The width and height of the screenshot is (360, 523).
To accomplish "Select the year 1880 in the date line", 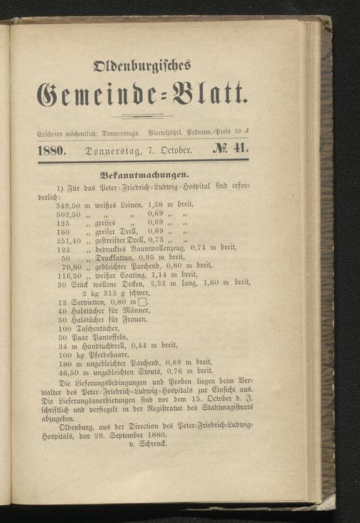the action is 51,150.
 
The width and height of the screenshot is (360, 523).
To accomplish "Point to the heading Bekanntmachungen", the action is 144,174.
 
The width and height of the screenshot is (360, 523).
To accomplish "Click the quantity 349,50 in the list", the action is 68,205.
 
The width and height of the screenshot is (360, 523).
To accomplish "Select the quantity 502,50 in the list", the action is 68,214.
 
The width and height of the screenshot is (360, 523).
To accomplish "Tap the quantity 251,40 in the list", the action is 68,241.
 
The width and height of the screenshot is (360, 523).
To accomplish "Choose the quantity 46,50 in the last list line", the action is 69,372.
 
